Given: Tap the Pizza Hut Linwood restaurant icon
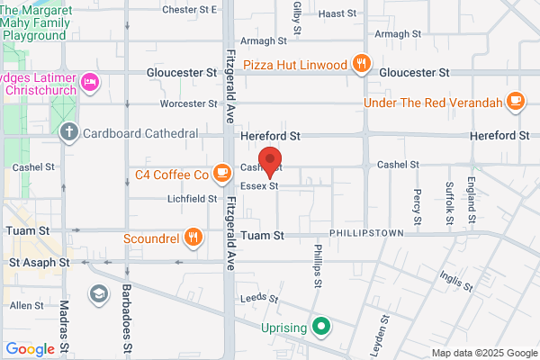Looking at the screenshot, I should [x=361, y=63].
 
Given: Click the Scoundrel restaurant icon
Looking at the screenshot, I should [x=192, y=238].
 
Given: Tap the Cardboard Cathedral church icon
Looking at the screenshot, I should [x=68, y=133].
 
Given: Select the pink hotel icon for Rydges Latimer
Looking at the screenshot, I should [x=90, y=84].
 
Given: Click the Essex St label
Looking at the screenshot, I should [x=259, y=186].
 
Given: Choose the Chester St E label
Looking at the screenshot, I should [x=190, y=10].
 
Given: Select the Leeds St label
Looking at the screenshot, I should [x=255, y=298].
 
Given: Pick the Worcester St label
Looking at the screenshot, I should [x=189, y=104].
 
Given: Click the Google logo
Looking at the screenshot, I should [x=31, y=349].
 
